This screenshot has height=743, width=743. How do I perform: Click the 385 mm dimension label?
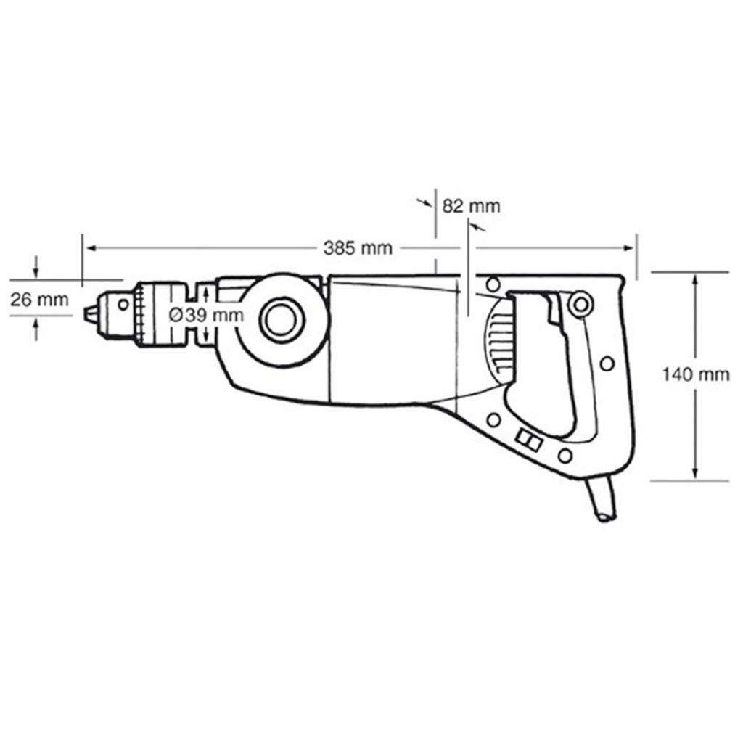click(358, 248)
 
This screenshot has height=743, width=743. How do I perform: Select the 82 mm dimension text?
click(471, 205)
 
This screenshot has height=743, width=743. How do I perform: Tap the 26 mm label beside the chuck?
click(40, 299)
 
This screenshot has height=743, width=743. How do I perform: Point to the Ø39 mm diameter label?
click(205, 315)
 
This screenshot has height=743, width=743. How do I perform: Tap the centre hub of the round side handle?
click(282, 319)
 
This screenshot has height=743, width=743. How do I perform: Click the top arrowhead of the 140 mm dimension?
click(696, 277)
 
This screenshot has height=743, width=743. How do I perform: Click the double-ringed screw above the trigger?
click(579, 304)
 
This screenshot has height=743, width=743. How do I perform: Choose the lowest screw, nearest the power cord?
click(565, 456)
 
